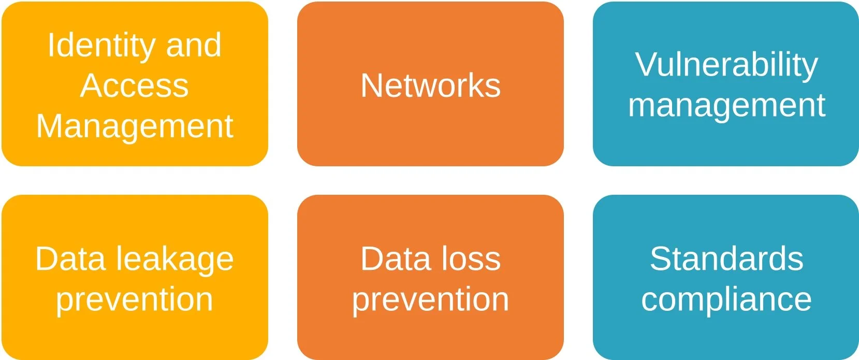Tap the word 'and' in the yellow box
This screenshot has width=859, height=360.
(x=194, y=45)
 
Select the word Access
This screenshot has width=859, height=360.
(x=135, y=85)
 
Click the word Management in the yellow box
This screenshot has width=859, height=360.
(x=135, y=126)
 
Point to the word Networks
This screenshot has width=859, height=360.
(x=430, y=85)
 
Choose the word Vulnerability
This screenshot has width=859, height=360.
(x=726, y=65)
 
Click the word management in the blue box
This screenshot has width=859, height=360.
(x=726, y=106)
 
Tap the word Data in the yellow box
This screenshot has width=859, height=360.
(x=71, y=259)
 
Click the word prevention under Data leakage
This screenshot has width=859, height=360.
(x=135, y=300)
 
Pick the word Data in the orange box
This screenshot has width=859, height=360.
(x=396, y=259)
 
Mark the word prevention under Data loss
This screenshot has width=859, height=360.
(x=430, y=300)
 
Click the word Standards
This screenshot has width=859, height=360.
(x=726, y=259)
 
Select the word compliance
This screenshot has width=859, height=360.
(x=726, y=300)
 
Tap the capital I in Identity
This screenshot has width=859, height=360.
(x=50, y=45)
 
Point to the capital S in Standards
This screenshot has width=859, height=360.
(x=661, y=259)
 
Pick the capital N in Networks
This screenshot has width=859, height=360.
(x=372, y=85)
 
